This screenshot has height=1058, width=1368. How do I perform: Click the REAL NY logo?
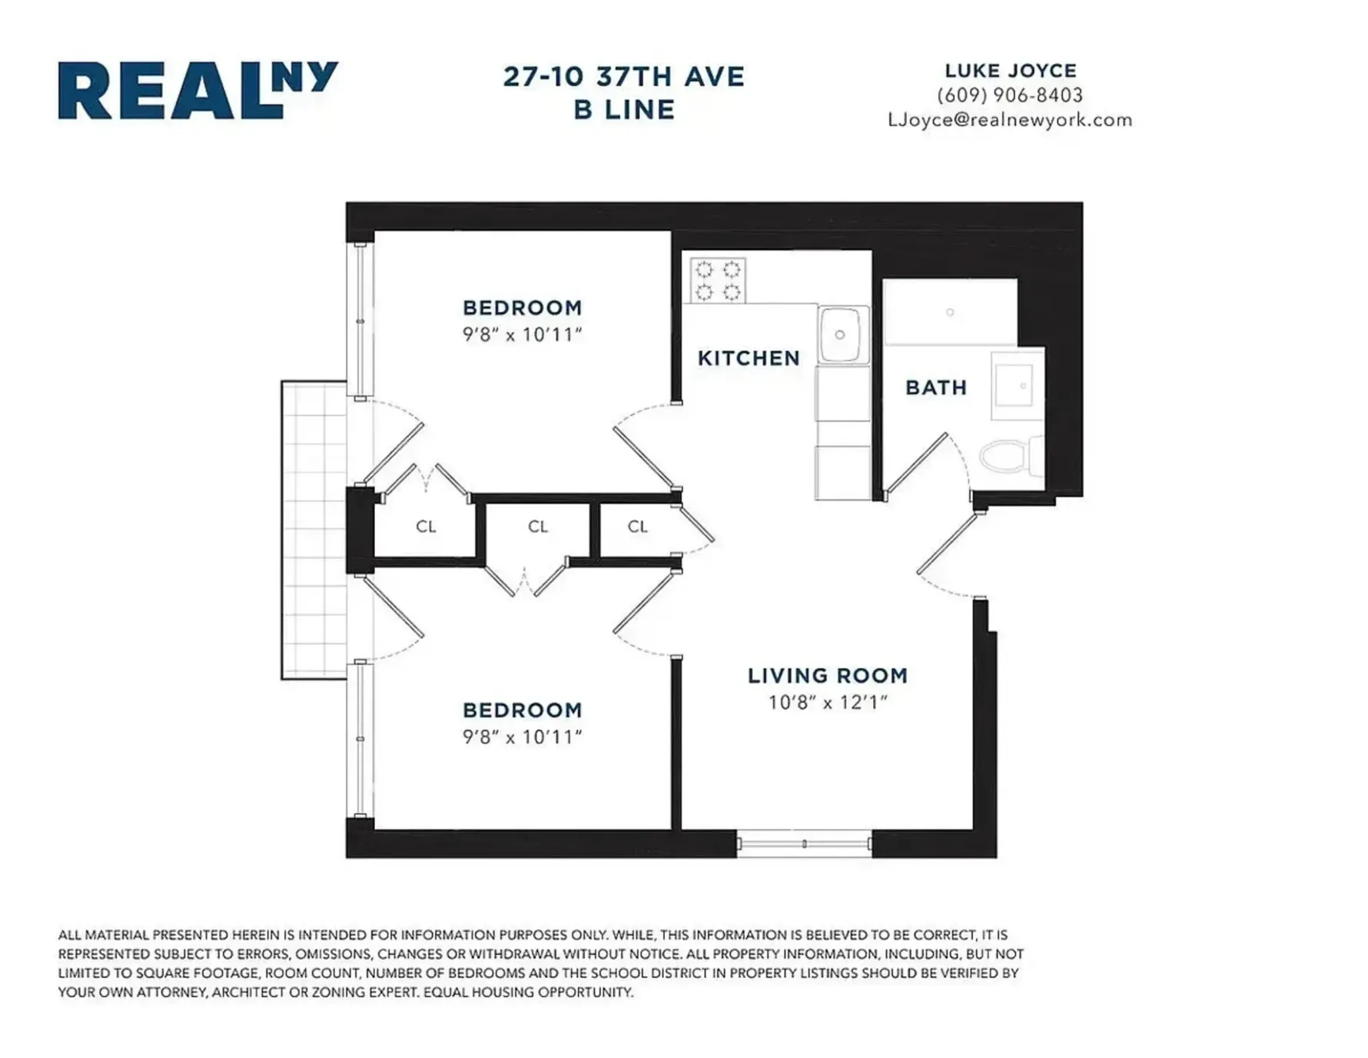pos(198,90)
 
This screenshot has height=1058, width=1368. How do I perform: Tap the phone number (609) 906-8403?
pos(1009,95)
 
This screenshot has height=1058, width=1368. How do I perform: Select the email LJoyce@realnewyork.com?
pos(1009,120)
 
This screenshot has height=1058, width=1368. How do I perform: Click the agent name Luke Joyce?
pos(1010,71)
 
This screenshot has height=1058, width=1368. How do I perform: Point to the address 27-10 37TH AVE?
pos(623,77)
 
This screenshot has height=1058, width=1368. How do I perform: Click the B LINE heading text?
pos(623,109)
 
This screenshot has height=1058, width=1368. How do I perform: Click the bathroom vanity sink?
pos(1014,386)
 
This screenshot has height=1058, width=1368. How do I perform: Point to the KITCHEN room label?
pos(748,358)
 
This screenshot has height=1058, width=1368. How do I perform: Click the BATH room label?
pos(935,388)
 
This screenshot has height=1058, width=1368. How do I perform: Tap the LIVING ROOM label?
pos(827,676)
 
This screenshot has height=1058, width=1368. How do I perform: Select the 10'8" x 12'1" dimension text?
pos(827,703)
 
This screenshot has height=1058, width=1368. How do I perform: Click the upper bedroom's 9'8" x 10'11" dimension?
pos(522,335)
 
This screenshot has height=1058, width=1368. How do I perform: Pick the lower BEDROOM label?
pos(522,710)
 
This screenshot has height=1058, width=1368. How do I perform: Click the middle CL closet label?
pos(537,527)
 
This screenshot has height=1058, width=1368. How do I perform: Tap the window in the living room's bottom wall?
pos(804,843)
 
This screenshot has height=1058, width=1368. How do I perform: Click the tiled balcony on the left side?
pos(314,531)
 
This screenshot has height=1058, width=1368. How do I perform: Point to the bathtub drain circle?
pos(950,312)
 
